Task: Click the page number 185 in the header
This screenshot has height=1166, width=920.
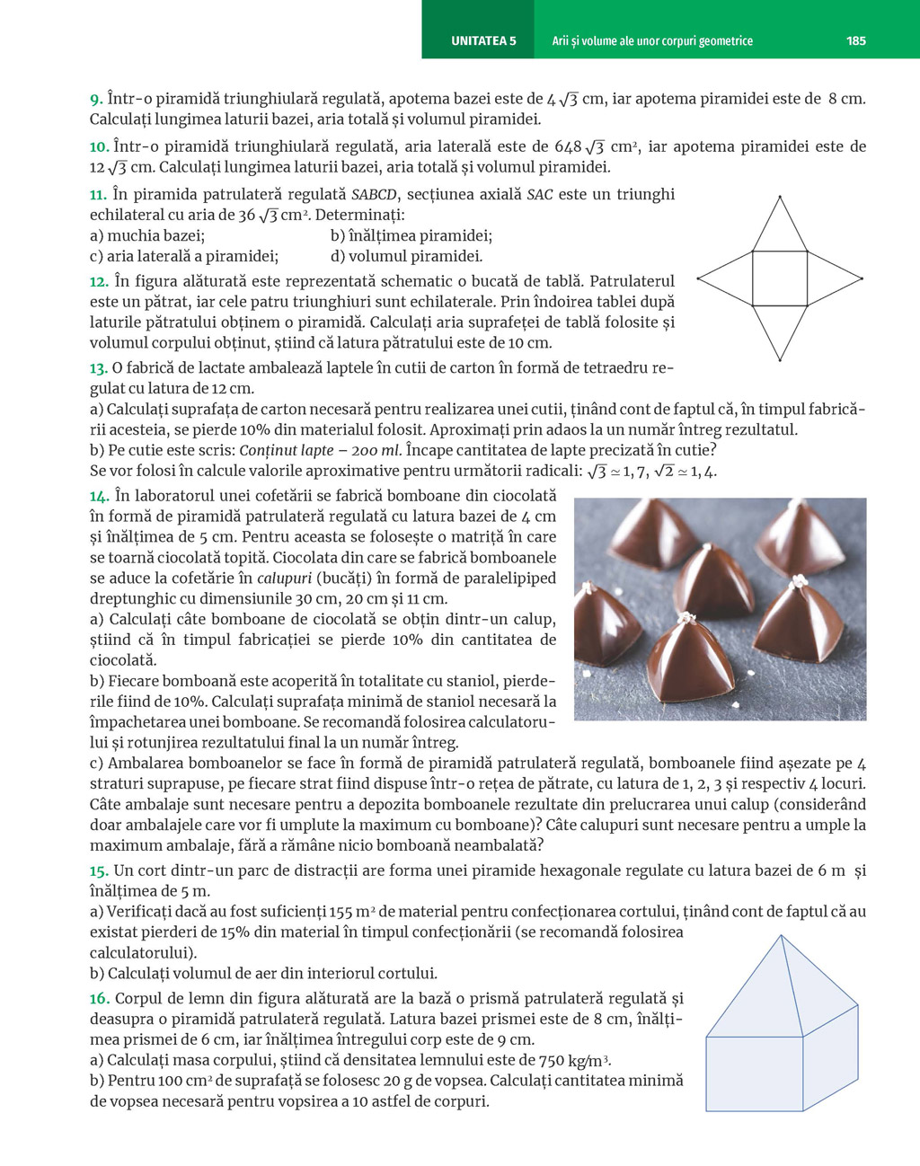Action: pyautogui.click(x=855, y=40)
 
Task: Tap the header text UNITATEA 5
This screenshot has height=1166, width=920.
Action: pyautogui.click(x=483, y=40)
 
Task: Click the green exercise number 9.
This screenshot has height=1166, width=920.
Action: pyautogui.click(x=96, y=99)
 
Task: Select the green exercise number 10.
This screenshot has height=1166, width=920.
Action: pyautogui.click(x=99, y=146)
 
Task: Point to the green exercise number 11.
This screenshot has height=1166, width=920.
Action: pyautogui.click(x=99, y=194)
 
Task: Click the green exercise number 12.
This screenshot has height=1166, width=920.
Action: pyautogui.click(x=99, y=281)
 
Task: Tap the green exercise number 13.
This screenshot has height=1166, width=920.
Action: pyautogui.click(x=99, y=367)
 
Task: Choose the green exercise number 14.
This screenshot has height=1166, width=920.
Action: pyautogui.click(x=99, y=495)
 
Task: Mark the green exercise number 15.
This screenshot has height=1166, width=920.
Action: pyautogui.click(x=99, y=870)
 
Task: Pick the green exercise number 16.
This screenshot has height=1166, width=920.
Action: pyautogui.click(x=99, y=998)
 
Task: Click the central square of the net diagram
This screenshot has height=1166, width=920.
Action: pyautogui.click(x=779, y=278)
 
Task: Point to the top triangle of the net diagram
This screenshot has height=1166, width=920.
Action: pyautogui.click(x=779, y=229)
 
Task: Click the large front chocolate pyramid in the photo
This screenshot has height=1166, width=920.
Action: pyautogui.click(x=689, y=665)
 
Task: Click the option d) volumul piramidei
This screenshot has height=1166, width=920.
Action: pyautogui.click(x=406, y=256)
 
